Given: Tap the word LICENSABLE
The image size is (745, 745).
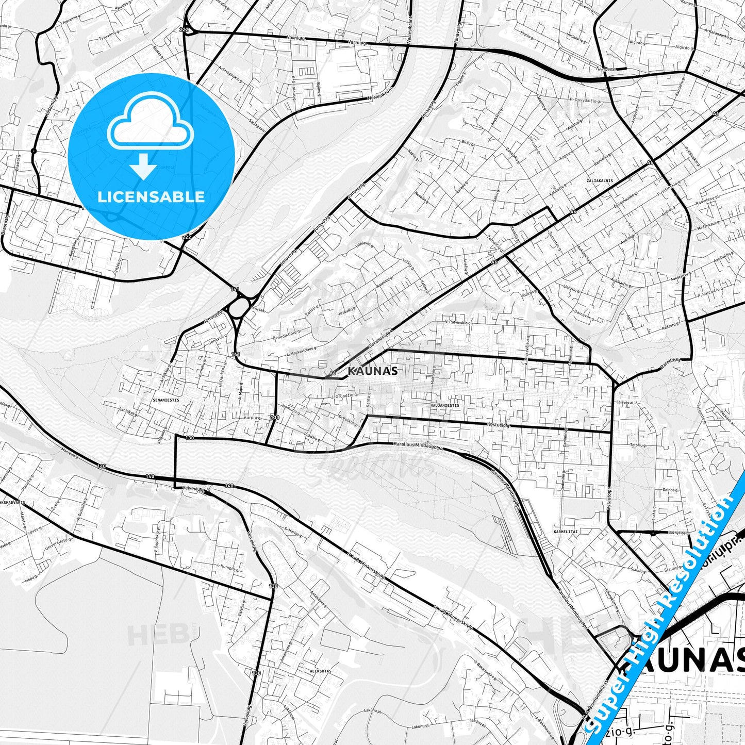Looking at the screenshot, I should [151, 196].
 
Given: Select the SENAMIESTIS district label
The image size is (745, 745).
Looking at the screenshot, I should [166, 400].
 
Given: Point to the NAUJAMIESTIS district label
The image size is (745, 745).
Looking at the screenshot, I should [444, 406].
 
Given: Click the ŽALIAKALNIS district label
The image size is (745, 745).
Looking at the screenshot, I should [600, 181].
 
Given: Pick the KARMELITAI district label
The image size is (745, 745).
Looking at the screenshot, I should [566, 531].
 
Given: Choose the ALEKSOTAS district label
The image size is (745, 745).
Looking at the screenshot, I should [320, 671].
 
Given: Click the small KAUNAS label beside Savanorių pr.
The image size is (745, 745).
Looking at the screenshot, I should [373, 371].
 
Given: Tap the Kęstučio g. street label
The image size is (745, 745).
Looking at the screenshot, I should [498, 425].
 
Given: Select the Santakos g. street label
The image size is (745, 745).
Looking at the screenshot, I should [127, 411].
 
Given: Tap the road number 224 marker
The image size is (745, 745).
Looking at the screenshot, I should [184, 30].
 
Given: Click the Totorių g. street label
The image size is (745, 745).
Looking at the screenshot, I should [638, 444].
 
